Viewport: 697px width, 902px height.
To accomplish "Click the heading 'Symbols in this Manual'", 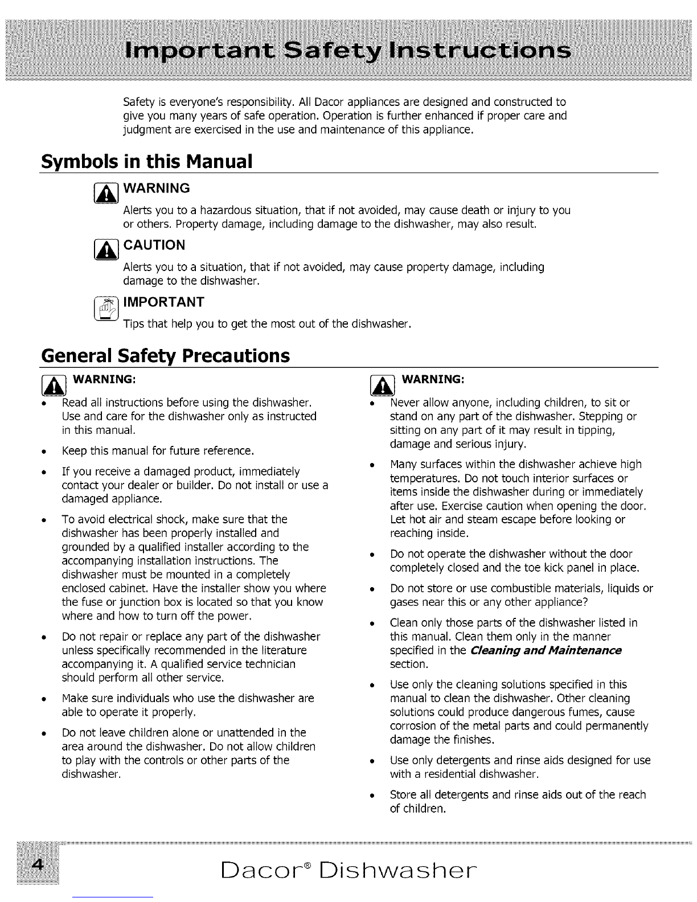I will click(146, 162).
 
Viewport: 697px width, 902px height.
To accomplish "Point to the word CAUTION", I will click(154, 245).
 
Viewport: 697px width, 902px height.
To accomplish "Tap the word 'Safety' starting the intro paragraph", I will click(137, 103).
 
